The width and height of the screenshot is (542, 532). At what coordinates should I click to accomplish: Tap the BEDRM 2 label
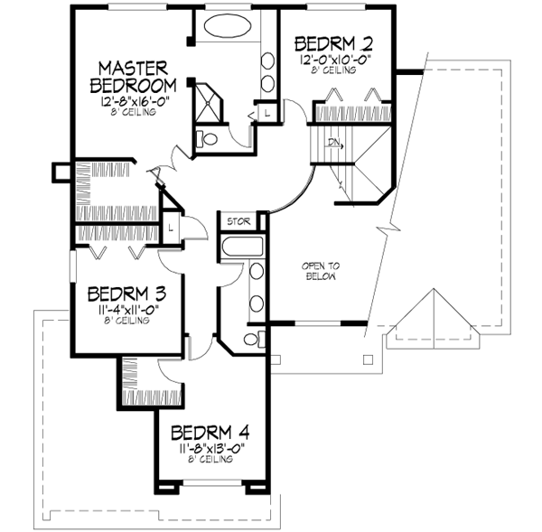click(335, 43)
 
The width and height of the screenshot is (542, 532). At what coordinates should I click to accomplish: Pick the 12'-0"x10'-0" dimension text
click(335, 60)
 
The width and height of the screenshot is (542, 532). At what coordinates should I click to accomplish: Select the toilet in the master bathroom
click(206, 140)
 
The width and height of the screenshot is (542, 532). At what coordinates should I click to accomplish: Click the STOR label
click(238, 219)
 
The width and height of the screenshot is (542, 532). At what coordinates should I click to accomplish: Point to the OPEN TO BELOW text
click(321, 272)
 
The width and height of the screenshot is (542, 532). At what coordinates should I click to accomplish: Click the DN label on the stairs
click(334, 143)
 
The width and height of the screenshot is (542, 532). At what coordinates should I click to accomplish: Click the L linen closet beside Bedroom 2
click(268, 112)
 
